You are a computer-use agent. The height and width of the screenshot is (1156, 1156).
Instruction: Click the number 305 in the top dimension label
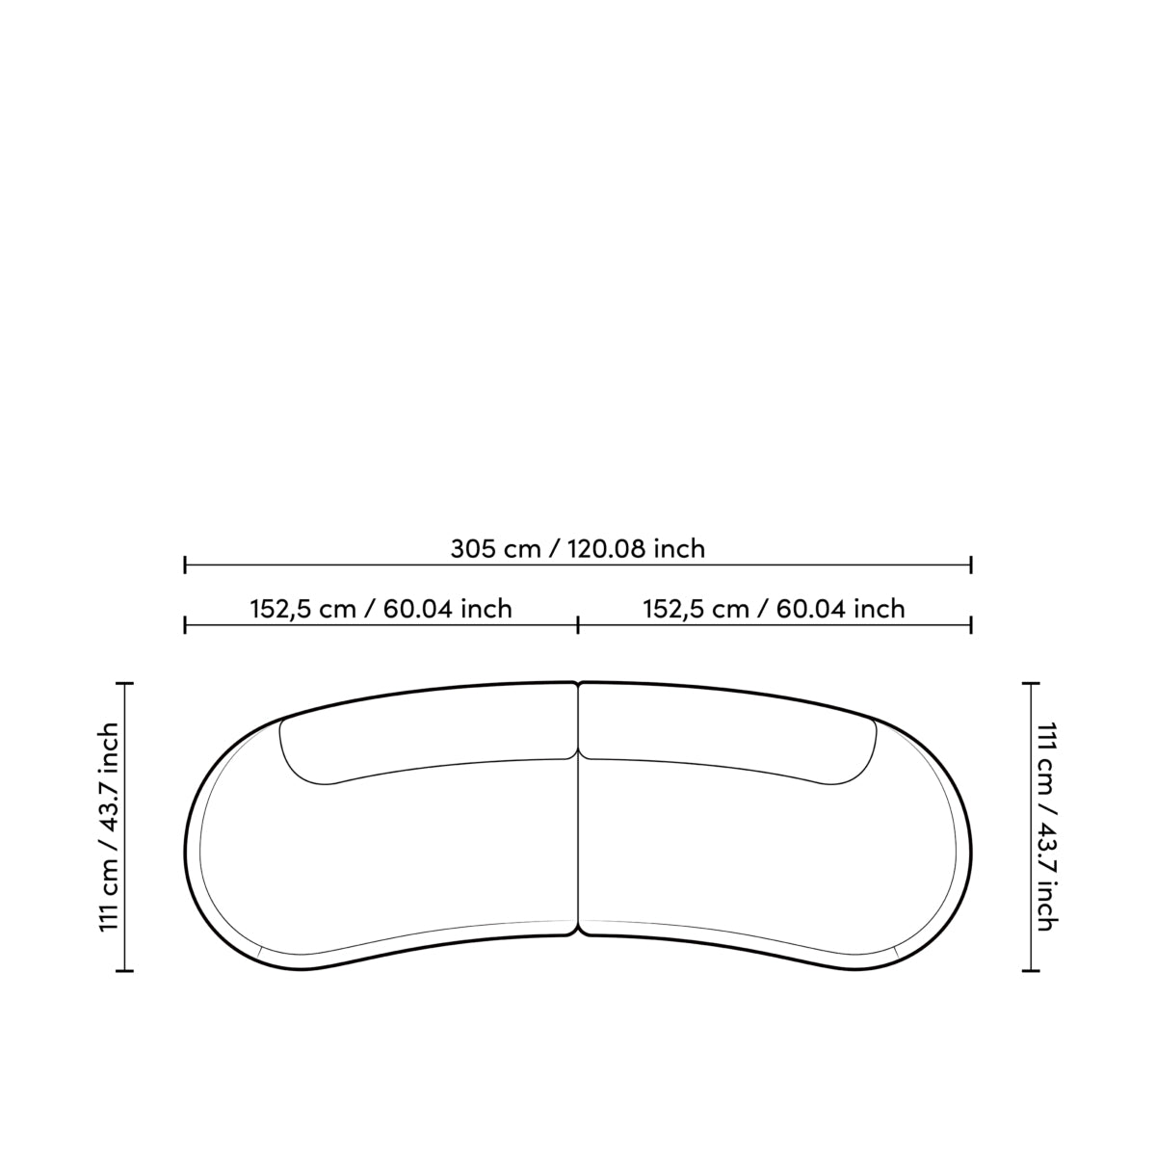pyautogui.click(x=473, y=549)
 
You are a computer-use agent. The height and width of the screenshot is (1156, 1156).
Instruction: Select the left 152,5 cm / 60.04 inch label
pyautogui.click(x=381, y=609)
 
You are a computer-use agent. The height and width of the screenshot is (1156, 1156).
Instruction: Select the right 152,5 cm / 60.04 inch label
pyautogui.click(x=775, y=609)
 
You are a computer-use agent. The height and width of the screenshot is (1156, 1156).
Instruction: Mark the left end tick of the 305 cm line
pyautogui.click(x=185, y=565)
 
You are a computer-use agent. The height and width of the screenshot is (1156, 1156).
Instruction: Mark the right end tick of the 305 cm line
pyautogui.click(x=971, y=565)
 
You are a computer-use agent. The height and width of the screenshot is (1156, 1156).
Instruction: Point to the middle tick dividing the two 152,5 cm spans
pyautogui.click(x=578, y=625)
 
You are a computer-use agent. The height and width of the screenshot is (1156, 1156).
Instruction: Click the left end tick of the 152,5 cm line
pyautogui.click(x=185, y=625)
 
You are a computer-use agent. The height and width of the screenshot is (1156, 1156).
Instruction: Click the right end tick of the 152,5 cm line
pyautogui.click(x=971, y=625)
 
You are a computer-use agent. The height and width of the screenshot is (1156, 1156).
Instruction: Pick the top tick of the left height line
pyautogui.click(x=124, y=683)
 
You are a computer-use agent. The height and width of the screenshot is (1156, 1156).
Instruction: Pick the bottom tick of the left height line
pyautogui.click(x=124, y=970)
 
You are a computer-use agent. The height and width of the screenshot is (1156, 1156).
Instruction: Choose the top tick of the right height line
pyautogui.click(x=1032, y=683)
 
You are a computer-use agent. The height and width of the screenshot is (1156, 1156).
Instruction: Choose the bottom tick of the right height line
pyautogui.click(x=1032, y=970)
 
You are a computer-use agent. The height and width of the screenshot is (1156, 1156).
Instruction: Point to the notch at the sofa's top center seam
pyautogui.click(x=578, y=685)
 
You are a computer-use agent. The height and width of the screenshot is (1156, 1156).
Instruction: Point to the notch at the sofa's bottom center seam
pyautogui.click(x=578, y=933)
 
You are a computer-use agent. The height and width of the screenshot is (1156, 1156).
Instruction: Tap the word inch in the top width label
pyautogui.click(x=679, y=549)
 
